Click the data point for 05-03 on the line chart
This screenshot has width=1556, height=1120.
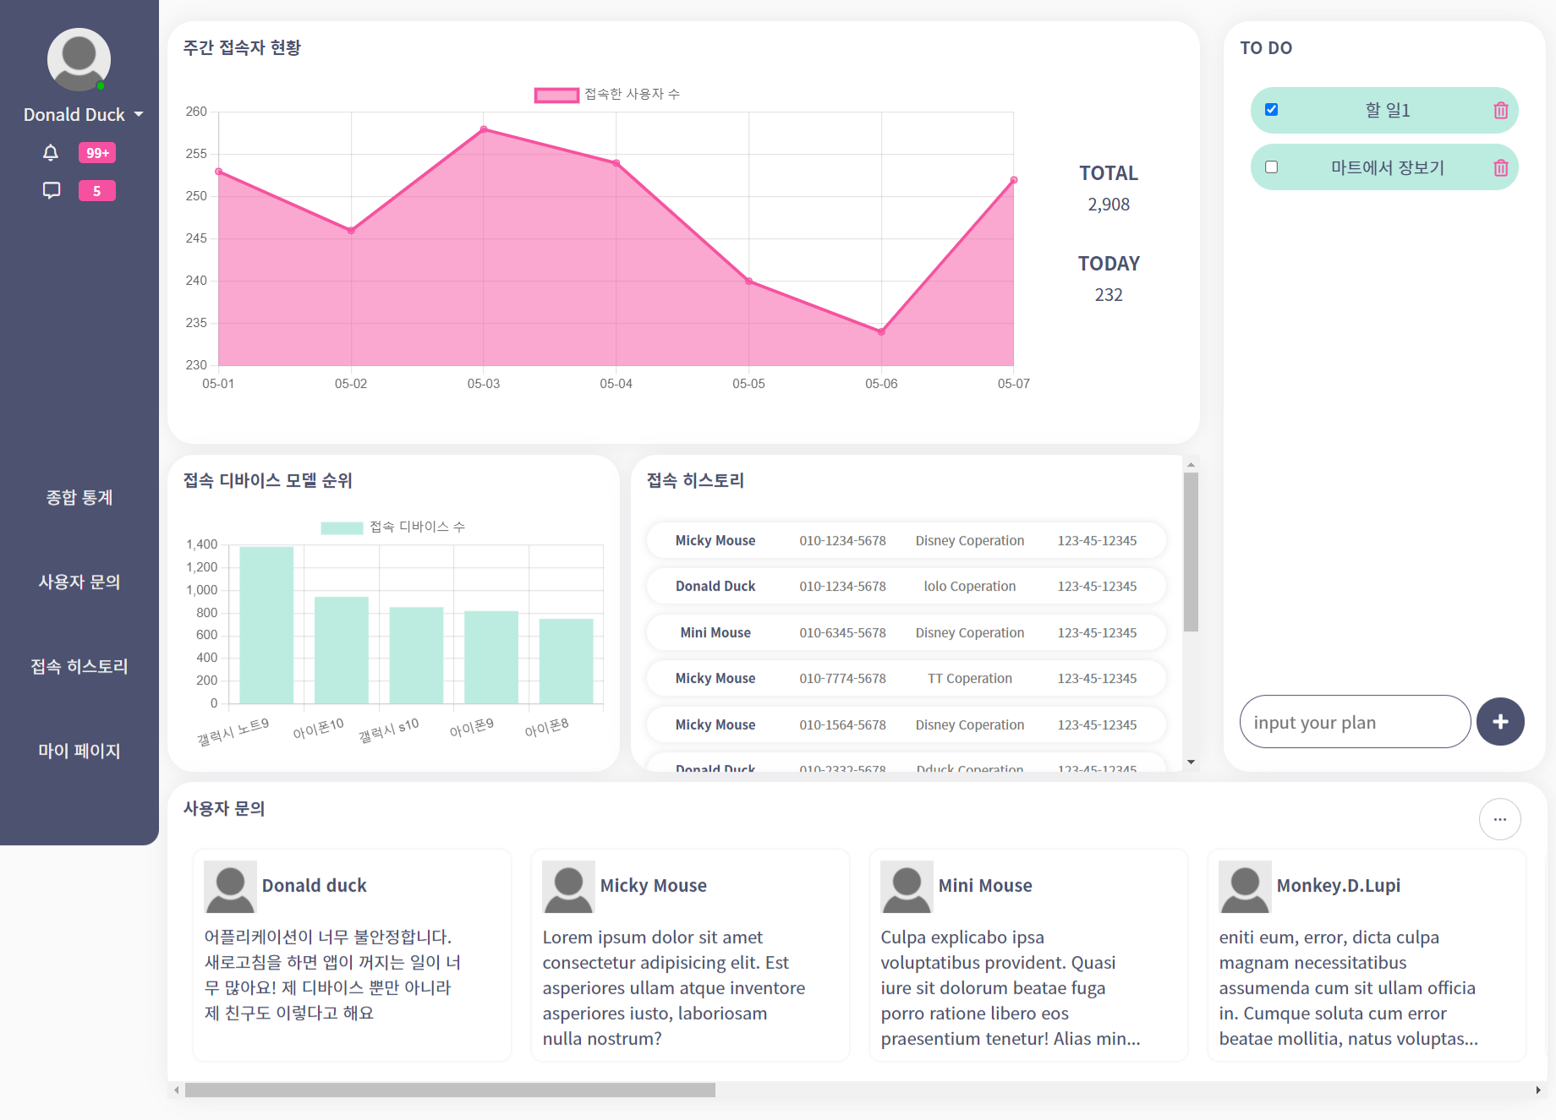(484, 129)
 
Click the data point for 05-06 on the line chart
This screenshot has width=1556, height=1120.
(881, 332)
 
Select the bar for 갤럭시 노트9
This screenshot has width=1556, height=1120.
(266, 625)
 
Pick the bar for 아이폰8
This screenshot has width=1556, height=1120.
(566, 661)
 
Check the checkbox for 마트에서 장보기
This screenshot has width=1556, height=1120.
(1271, 167)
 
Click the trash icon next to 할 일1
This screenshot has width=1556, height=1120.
(1501, 111)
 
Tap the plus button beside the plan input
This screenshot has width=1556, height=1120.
(1500, 722)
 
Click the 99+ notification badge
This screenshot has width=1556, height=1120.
(97, 153)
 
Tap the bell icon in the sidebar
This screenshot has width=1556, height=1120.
(51, 153)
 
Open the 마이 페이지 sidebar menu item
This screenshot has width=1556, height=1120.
(79, 751)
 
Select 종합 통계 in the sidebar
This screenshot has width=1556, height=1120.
(79, 497)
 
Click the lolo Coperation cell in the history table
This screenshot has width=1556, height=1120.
(969, 587)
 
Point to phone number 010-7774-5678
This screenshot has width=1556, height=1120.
(842, 679)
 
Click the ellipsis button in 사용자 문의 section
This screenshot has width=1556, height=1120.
(1499, 819)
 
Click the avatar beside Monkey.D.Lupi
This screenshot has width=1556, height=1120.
(1245, 887)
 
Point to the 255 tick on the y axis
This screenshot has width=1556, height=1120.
(196, 154)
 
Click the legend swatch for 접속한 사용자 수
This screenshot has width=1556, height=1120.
(556, 95)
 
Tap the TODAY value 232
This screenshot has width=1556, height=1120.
(1109, 295)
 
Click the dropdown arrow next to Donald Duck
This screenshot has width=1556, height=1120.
(139, 114)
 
